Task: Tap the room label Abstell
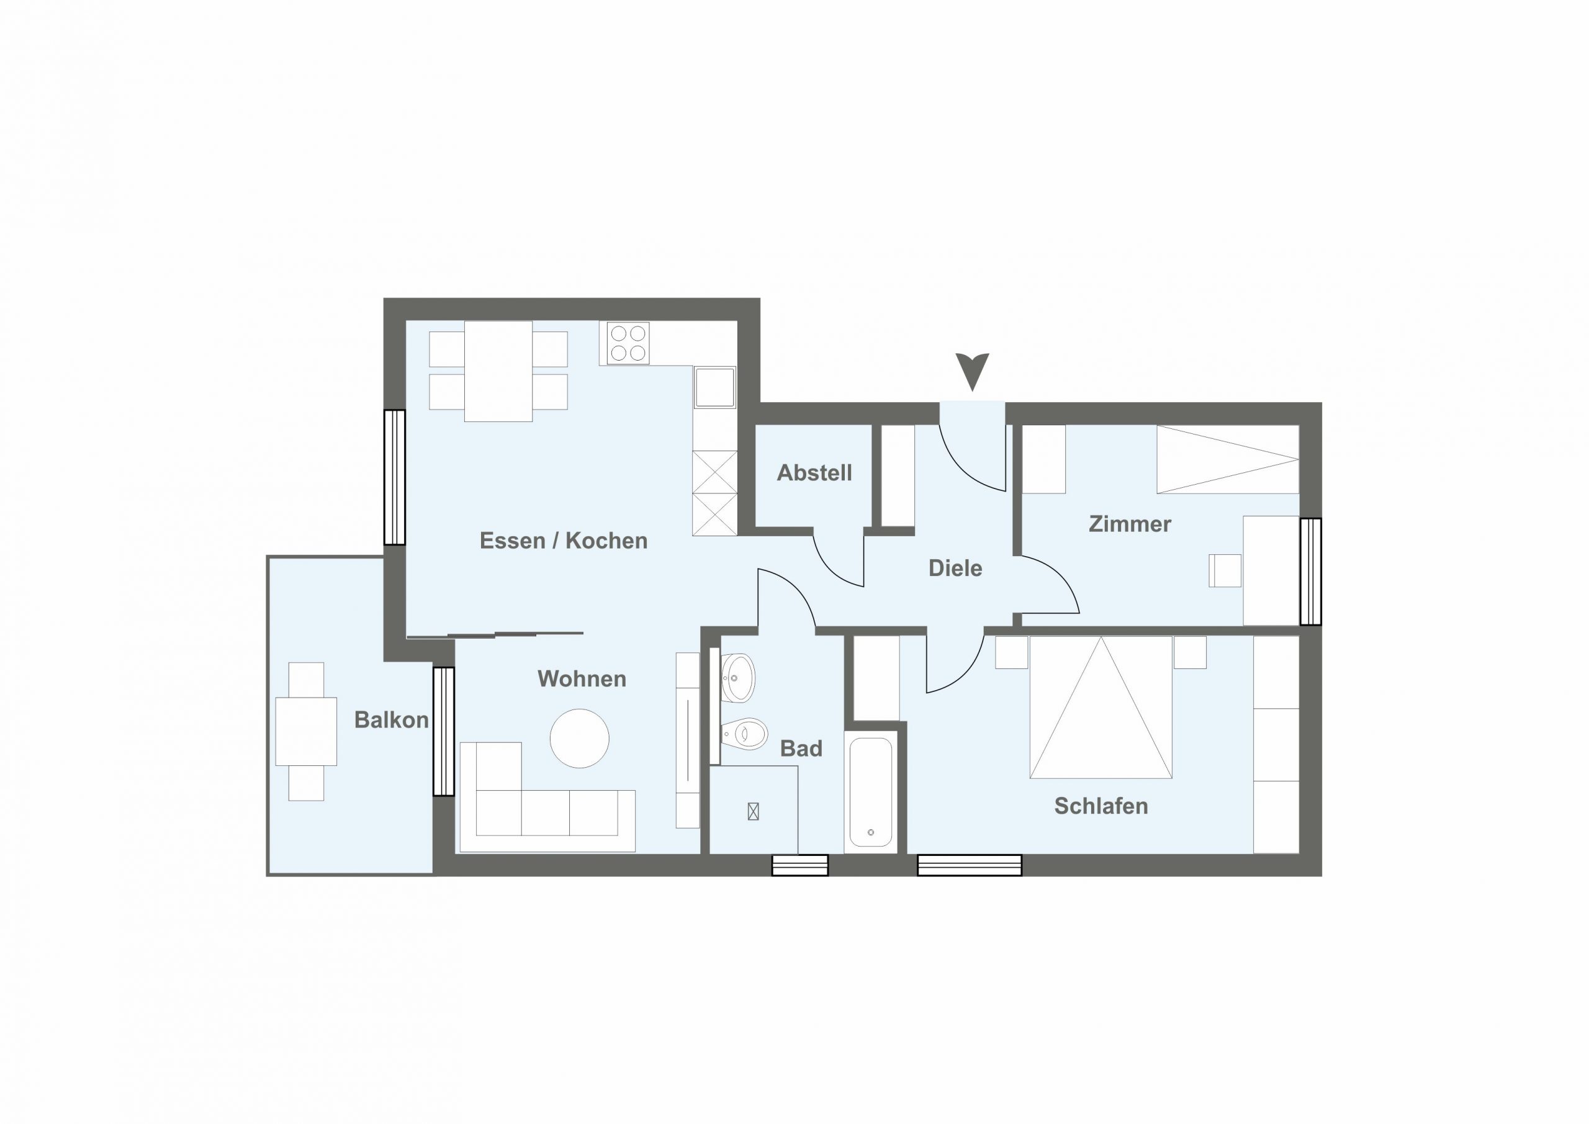coord(814,473)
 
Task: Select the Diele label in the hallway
coord(955,569)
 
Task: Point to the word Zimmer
coord(1130,524)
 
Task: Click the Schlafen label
coord(1101,806)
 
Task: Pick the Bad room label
coord(801,748)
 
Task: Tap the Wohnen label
coord(582,679)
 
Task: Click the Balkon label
coord(392,720)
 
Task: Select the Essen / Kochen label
coord(564,541)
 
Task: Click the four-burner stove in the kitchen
coord(628,343)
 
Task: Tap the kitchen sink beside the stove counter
coord(715,387)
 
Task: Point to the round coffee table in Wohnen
coord(580,738)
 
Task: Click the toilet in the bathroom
coord(745,732)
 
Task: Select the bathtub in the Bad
coord(871,793)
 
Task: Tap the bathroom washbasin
coord(739,678)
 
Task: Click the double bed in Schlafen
coord(1101,708)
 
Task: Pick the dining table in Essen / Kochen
coord(498,371)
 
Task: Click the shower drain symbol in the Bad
coord(754,811)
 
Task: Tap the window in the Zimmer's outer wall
coord(1311,572)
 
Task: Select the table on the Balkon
coord(306,732)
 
